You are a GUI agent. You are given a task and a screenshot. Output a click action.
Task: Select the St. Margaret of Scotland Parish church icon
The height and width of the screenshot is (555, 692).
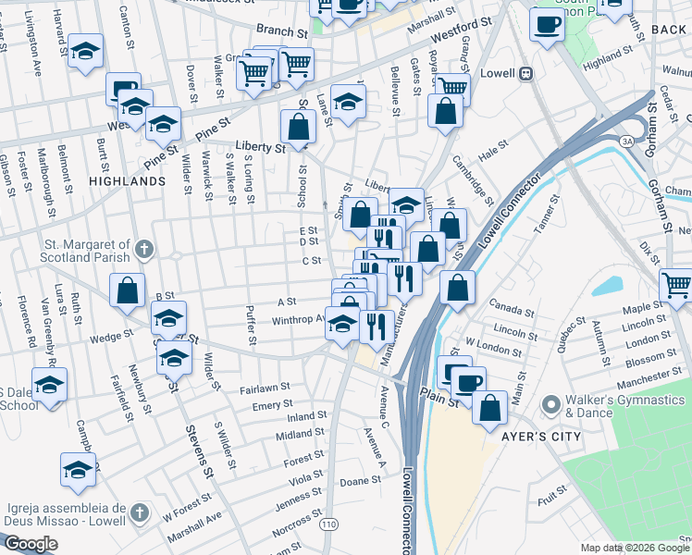coord(143,249)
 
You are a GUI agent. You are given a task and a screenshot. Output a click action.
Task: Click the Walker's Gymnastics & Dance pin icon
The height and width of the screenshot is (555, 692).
coord(552,404)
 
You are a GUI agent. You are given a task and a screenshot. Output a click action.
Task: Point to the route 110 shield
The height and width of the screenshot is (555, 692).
coord(328,524)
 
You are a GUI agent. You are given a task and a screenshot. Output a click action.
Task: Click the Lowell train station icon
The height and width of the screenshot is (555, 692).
coord(525,73)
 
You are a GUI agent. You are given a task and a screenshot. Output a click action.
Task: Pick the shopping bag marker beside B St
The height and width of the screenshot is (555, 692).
coord(128,290)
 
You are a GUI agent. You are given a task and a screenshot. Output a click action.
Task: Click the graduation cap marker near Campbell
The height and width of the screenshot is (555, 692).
coord(79,470)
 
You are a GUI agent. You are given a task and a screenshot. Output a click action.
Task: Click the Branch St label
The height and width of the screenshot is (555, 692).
coord(283,31)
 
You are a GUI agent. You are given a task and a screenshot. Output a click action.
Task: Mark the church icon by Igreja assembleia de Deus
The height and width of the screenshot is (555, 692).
coord(139,512)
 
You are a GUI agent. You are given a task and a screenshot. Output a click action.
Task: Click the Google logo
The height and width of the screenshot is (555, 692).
coord(31,544)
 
